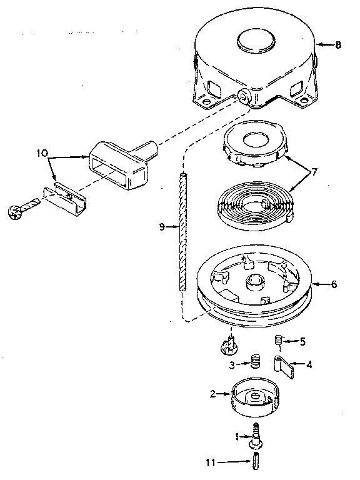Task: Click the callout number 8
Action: (x=338, y=45)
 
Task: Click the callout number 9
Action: (x=162, y=228)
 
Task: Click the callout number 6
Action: (x=334, y=284)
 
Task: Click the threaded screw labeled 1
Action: (x=256, y=434)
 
